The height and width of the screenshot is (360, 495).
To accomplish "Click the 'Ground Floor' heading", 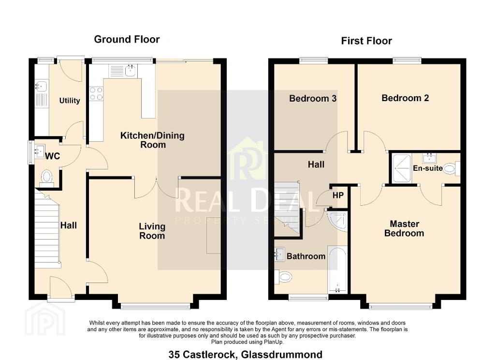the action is tap(127, 40).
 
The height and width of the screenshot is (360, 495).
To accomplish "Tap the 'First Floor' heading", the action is tap(366, 41).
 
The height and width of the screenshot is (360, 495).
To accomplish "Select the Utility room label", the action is tap(70, 101).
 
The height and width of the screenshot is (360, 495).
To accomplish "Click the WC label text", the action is tap(52, 156).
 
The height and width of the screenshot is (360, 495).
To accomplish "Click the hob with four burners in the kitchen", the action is tap(96, 93).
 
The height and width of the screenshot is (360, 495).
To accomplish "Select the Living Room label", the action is tap(152, 231).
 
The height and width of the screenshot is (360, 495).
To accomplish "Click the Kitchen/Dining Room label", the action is tap(152, 140).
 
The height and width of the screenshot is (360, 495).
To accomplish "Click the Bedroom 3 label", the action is tap(313, 99).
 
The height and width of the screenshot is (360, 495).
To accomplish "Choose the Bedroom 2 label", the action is tap(406, 98).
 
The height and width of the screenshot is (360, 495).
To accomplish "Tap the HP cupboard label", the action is tap(338, 195).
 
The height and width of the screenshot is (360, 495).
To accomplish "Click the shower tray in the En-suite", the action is tap(402, 168).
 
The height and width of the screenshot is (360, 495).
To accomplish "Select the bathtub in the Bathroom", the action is tap(337, 270).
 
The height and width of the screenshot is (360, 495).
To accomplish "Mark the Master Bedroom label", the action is tap(405, 228).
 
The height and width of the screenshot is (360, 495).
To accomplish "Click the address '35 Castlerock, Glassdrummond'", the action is tap(246, 354).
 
